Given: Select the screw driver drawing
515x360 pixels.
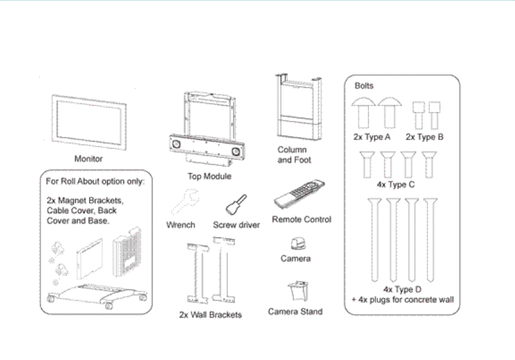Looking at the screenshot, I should pos(233,205).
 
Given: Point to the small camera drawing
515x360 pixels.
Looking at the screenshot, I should pos(296,244).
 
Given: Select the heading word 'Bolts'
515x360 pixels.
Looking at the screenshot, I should pos(364,86).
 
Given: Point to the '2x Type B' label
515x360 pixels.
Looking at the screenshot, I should pos(425,137).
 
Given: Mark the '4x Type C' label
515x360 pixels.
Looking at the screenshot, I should pos(399,184).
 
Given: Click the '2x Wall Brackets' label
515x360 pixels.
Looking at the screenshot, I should pos(210,314).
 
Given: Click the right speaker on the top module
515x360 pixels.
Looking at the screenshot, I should pos(236,152).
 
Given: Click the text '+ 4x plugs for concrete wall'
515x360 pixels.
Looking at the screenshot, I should pos(403,299).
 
